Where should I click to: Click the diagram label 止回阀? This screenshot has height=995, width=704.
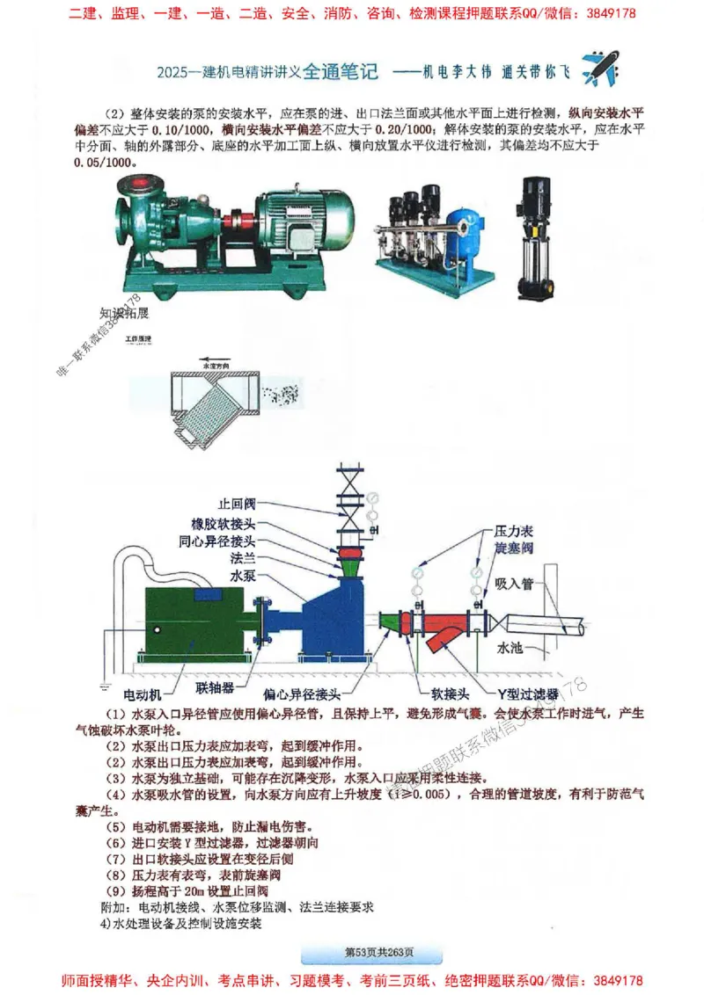click(237, 504)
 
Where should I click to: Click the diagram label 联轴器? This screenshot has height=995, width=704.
click(213, 691)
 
